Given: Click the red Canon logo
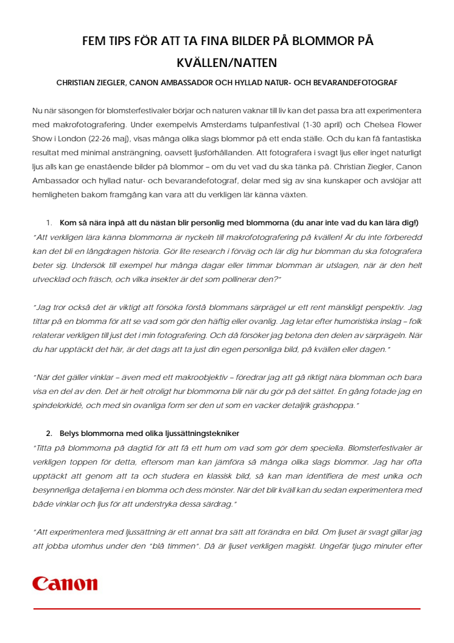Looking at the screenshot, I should coord(65,584).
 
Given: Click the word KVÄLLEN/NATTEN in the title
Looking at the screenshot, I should coord(227,63).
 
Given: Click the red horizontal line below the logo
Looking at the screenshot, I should coord(227,608).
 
